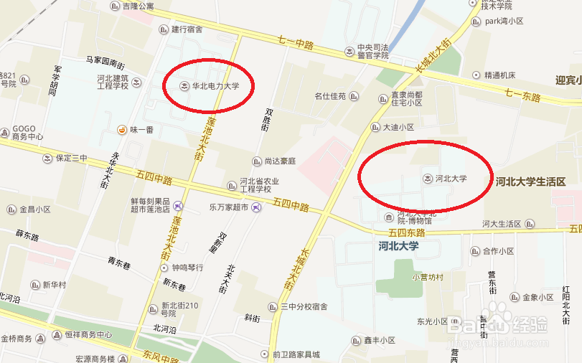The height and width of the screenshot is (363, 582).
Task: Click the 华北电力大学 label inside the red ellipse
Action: (215, 86)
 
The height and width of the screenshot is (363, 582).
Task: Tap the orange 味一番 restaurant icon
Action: (123, 129)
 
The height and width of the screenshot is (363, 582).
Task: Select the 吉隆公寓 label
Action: (138, 6)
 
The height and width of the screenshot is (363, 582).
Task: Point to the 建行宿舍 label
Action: (187, 29)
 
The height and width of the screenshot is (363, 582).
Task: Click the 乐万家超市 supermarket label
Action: (228, 207)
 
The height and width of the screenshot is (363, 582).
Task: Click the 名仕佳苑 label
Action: (331, 96)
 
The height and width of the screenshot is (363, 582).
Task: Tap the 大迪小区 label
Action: (398, 127)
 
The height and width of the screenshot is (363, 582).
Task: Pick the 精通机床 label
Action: (499, 75)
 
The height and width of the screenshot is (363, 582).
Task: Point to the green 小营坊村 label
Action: (428, 277)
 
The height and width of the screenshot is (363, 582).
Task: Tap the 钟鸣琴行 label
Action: (187, 268)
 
